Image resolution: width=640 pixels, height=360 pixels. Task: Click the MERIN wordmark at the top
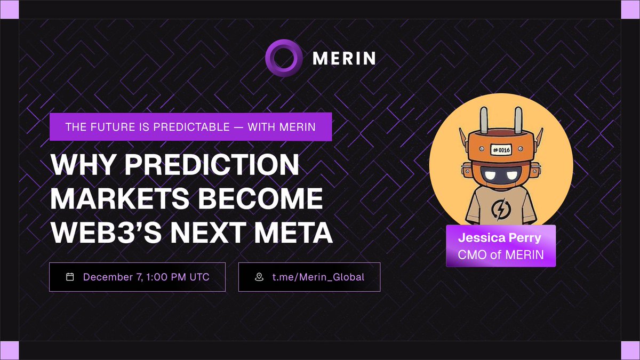343,57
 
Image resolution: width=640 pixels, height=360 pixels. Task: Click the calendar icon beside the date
69,277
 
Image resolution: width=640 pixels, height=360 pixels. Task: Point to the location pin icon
259,277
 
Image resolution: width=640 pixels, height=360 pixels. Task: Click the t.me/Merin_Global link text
318,277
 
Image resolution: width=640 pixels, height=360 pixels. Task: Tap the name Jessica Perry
501,238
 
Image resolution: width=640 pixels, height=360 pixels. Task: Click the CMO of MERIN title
501,254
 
